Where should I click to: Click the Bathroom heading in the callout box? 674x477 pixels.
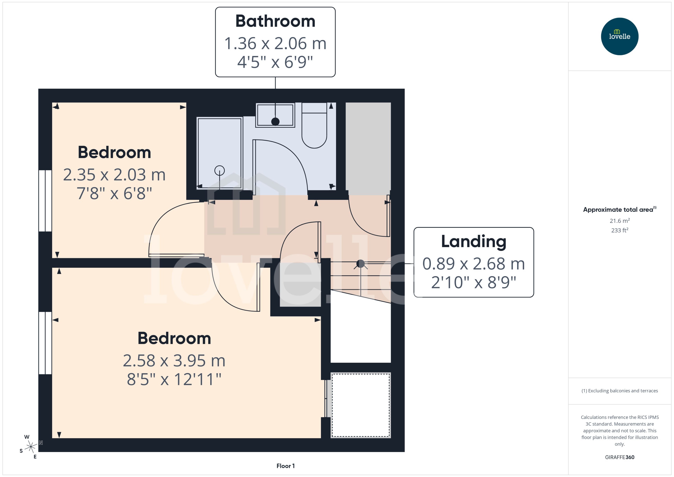tap(275, 21)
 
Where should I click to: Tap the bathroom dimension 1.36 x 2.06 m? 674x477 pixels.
tap(275, 44)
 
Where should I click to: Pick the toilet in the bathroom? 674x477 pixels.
tap(314, 129)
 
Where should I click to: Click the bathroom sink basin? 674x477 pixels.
tap(275, 115)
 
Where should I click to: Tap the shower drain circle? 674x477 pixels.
tap(220, 170)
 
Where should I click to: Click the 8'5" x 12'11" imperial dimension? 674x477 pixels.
tap(174, 379)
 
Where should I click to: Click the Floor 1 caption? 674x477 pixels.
tap(285, 466)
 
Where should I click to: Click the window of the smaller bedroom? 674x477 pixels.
tap(45, 201)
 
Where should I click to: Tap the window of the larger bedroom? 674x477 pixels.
tap(45, 343)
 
